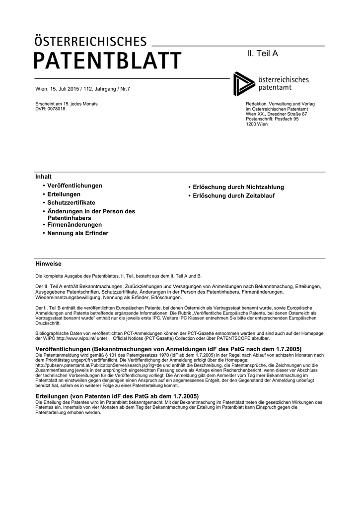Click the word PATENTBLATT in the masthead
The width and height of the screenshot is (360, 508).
[107, 62]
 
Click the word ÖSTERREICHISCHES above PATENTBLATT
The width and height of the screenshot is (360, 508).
[90, 41]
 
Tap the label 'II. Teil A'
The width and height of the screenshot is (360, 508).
[263, 53]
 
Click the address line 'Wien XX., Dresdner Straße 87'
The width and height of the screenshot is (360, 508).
[277, 114]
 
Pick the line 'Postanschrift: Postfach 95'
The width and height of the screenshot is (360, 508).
[272, 119]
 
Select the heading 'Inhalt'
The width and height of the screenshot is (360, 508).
[43, 177]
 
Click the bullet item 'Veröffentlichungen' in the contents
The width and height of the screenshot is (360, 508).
[74, 186]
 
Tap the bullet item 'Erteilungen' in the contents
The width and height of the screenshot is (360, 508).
[64, 194]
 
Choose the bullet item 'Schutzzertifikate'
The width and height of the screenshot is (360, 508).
[71, 203]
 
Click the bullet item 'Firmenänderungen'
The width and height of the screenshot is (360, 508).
[74, 225]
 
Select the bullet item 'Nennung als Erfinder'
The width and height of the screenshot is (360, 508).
[77, 233]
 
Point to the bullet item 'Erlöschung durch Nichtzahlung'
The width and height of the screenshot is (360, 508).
[238, 187]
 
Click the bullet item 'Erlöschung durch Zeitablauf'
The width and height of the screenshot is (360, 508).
[233, 196]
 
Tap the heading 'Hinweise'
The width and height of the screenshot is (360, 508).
[48, 263]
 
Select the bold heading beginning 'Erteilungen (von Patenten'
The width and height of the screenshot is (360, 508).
[117, 396]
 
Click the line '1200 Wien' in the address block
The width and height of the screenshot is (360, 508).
[257, 124]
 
